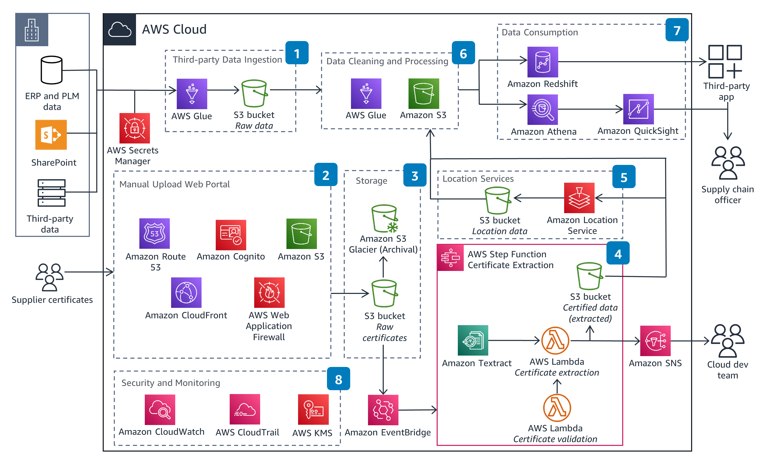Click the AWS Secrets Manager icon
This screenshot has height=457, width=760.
pos(134,128)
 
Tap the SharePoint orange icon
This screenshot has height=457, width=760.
pos(51,135)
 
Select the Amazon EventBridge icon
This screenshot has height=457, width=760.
pos(383,410)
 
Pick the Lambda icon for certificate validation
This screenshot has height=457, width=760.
pos(556,408)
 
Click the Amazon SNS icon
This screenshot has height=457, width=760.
pos(655,341)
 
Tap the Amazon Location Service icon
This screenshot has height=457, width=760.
pos(579,198)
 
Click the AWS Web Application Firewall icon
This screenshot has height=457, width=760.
pos(269,293)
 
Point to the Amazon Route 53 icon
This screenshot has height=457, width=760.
pos(154,234)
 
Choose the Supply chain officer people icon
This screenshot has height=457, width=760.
pos(727,163)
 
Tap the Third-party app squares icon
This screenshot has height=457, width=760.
pos(725,62)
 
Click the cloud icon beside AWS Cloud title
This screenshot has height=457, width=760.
pos(119,30)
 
